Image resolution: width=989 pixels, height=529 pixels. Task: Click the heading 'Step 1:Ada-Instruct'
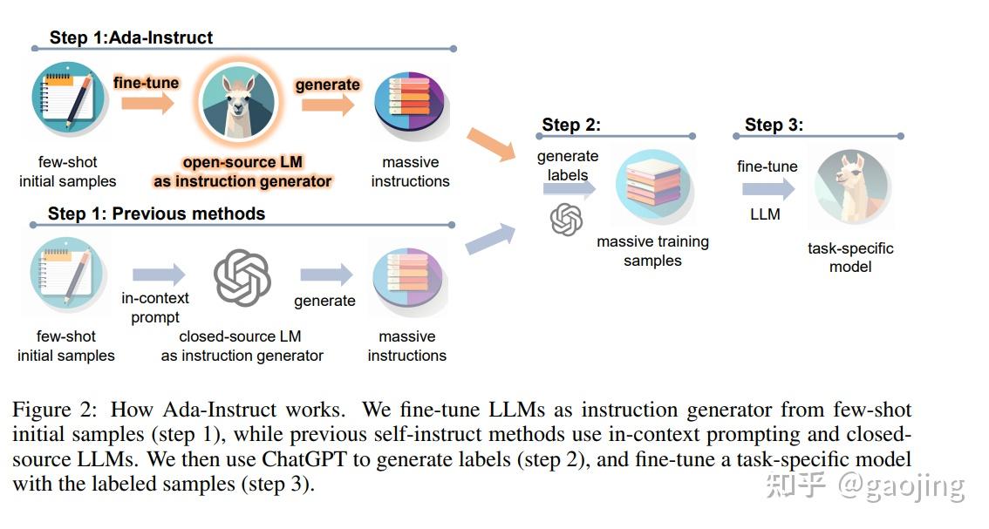131,37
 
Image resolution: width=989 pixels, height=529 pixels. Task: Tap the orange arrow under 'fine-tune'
147,102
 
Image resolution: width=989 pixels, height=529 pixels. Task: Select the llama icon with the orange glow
238,103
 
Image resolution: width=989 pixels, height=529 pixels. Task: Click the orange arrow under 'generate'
328,104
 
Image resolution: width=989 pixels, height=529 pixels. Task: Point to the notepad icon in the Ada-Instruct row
67,99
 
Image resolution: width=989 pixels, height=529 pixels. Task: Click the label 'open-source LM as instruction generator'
242,172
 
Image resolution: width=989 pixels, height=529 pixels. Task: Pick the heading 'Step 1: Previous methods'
156,214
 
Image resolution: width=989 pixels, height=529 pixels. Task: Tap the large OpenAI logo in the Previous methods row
242,278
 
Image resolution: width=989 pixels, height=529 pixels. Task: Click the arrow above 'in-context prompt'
159,275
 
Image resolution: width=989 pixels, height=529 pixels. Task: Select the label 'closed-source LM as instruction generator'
242,346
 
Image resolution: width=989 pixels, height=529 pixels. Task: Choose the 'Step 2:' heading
571,125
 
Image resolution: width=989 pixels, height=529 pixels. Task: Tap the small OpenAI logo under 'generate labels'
566,220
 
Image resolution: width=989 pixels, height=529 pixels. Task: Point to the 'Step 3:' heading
774,125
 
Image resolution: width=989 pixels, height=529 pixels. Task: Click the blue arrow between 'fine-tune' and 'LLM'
768,189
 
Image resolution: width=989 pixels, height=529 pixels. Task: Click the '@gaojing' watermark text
901,485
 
